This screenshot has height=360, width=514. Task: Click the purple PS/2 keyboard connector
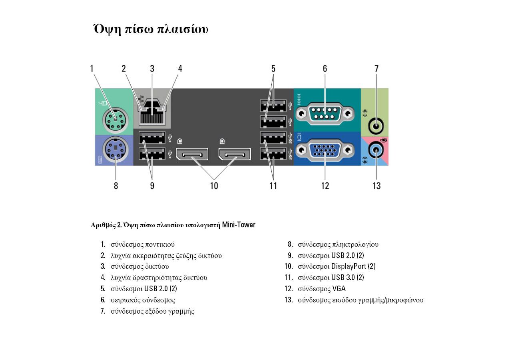coord(115,150)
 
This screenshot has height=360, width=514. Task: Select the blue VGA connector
coord(325,150)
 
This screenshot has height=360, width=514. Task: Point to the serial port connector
coord(325,114)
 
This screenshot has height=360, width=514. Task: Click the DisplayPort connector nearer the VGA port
coord(235,154)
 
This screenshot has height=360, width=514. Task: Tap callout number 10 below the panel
coord(214,186)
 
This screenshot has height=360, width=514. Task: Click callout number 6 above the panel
coord(325,68)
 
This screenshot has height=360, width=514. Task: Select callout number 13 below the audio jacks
coord(377,186)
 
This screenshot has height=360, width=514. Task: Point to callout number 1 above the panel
coord(92,68)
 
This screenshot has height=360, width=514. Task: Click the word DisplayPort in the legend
coord(349,266)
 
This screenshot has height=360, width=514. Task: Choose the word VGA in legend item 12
coord(339,288)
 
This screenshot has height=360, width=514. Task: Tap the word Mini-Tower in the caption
coord(239,224)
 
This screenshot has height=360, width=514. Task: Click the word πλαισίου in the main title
coord(183,29)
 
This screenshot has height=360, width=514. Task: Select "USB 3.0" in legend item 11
coord(343,277)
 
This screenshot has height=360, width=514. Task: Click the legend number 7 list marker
coord(103,311)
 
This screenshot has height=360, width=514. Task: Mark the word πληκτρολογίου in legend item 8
coord(355,245)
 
